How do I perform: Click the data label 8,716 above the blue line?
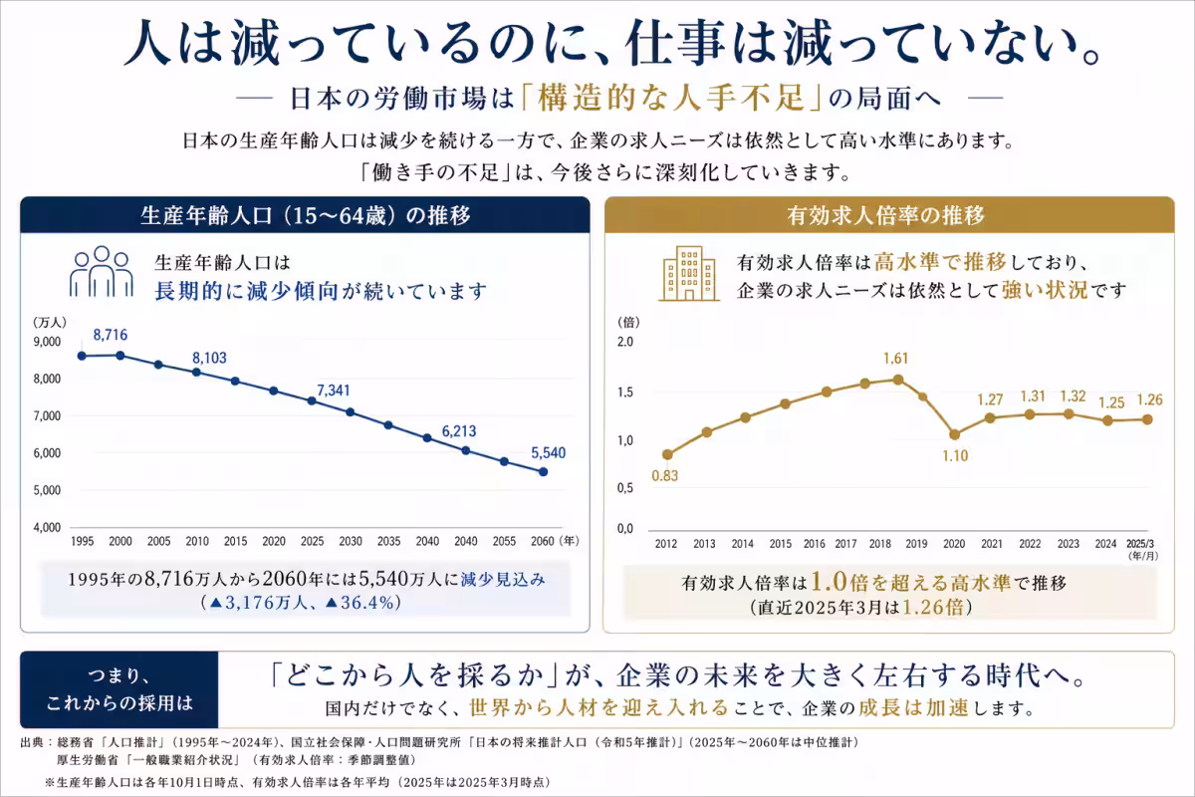point(111,333)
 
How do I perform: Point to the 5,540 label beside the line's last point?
point(547,452)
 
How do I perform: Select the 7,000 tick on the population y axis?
point(47,416)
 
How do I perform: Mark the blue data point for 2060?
point(543,472)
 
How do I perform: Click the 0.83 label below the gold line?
point(665,475)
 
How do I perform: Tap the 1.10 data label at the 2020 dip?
point(954,455)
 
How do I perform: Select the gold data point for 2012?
point(667,454)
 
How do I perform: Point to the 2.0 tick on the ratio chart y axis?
point(625,343)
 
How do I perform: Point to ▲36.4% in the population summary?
point(357,603)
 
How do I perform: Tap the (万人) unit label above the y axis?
point(50,322)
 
